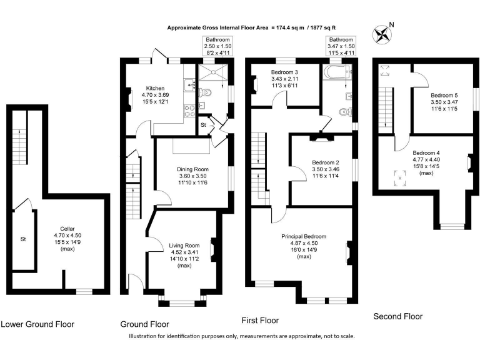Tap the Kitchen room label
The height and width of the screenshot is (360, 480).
pyautogui.click(x=155, y=88)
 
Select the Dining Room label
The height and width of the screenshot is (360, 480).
pyautogui.click(x=193, y=169)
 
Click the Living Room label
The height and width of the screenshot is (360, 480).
pyautogui.click(x=184, y=246)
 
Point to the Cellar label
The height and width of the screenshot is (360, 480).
pyautogui.click(x=67, y=229)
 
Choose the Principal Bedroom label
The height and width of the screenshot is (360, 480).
pyautogui.click(x=304, y=236)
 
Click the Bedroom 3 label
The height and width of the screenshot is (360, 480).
pyautogui.click(x=284, y=72)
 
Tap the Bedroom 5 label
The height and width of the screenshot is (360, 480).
pyautogui.click(x=444, y=95)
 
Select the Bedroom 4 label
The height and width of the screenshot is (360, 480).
pyautogui.click(x=426, y=152)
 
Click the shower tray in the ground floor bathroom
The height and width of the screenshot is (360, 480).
pyautogui.click(x=212, y=72)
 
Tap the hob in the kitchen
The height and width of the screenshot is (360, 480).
pyautogui.click(x=189, y=111)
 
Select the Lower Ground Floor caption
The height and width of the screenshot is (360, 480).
pyautogui.click(x=37, y=324)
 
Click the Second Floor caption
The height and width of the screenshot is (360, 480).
pyautogui.click(x=398, y=316)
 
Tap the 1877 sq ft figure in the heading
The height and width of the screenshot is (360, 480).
pyautogui.click(x=323, y=27)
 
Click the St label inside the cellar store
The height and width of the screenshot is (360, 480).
pyautogui.click(x=23, y=239)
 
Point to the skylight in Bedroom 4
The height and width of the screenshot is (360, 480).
pyautogui.click(x=400, y=178)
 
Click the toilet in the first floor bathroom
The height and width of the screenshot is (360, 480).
pyautogui.click(x=345, y=112)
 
